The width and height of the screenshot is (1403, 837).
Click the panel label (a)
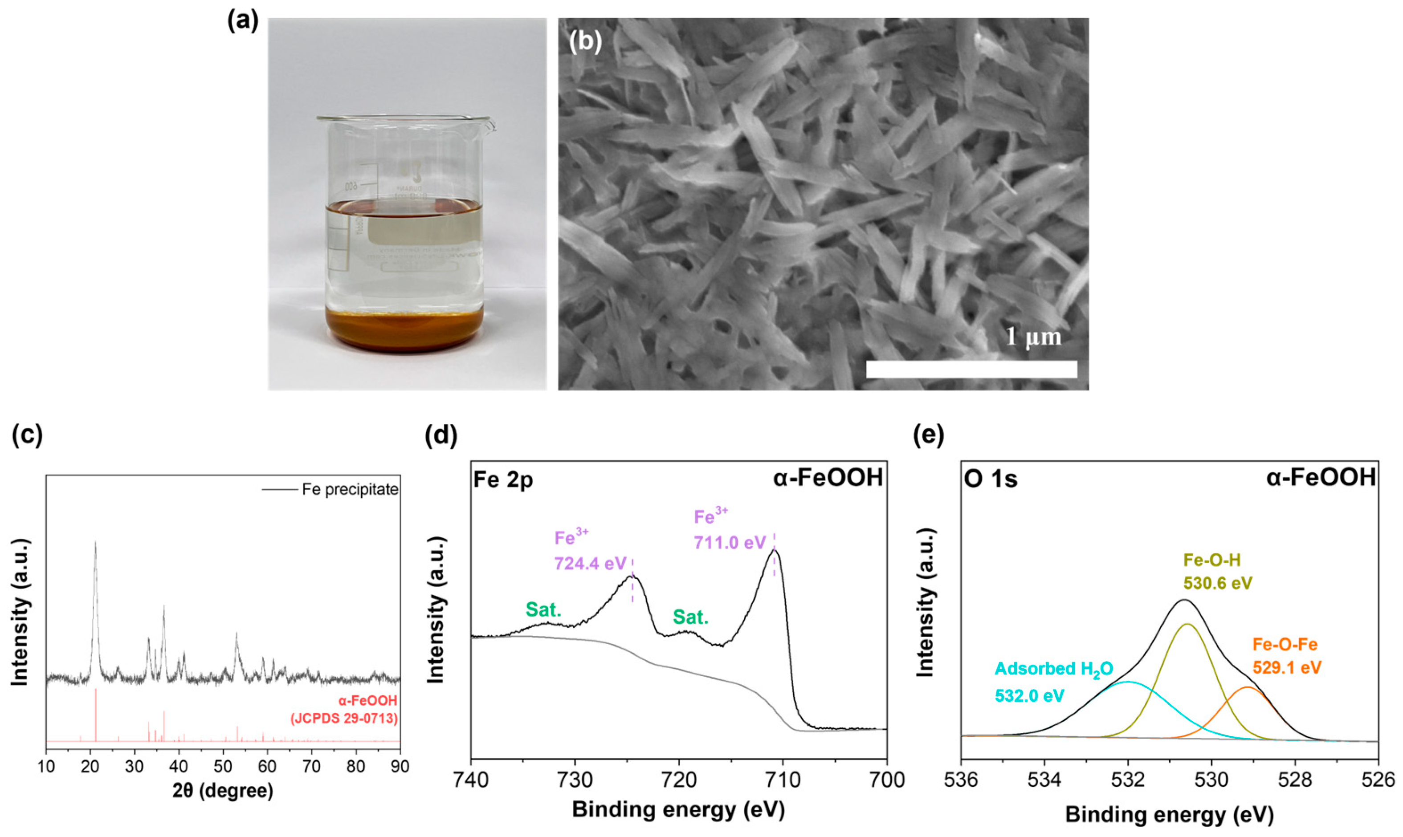[x=243, y=21]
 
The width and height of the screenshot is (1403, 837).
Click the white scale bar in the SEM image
[x=971, y=370]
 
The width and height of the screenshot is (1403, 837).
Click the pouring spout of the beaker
[x=491, y=125]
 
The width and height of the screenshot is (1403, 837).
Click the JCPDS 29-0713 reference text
[x=344, y=719]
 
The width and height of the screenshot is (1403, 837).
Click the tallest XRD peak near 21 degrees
[x=95, y=544]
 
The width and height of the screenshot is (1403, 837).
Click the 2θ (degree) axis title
[x=223, y=791]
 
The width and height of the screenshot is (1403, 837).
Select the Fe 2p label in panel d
[x=503, y=479]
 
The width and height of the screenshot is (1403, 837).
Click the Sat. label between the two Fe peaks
[x=690, y=618]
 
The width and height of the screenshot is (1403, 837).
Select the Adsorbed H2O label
[x=1054, y=669]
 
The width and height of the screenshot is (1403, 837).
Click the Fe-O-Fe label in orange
[x=1285, y=645]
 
